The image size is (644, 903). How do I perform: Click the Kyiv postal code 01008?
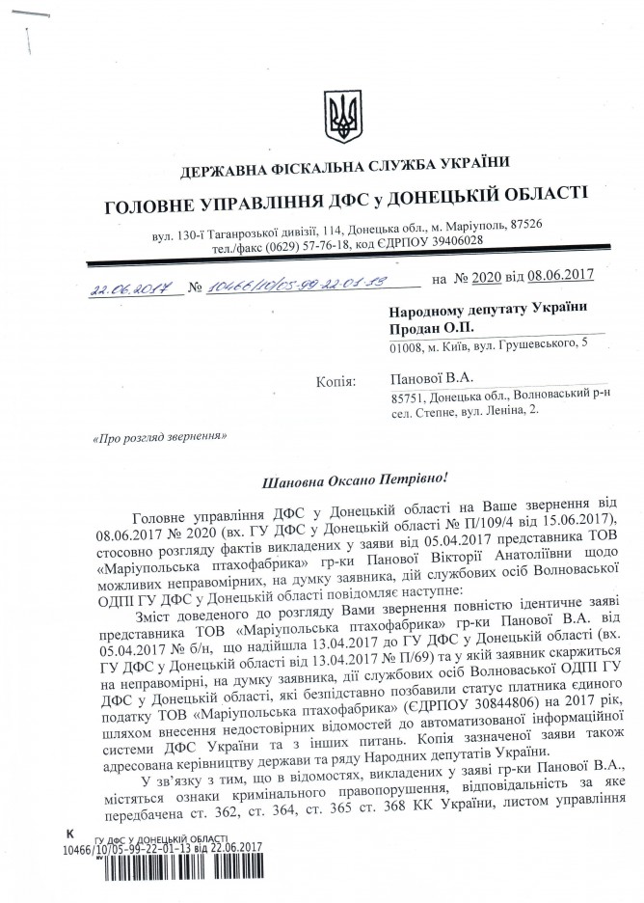406,348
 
